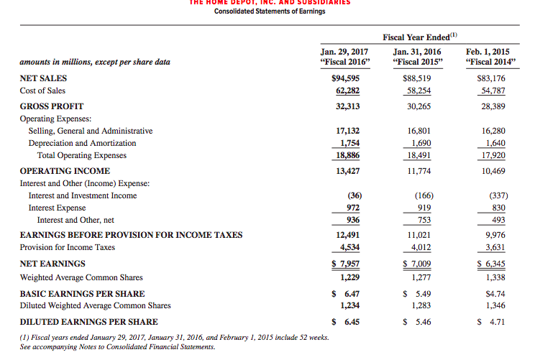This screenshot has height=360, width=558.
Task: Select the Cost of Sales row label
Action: pos(42,91)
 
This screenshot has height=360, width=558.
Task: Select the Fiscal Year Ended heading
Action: pos(420,37)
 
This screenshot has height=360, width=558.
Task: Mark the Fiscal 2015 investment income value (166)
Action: pos(423,195)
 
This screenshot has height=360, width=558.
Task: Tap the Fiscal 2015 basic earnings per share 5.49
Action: pos(421,293)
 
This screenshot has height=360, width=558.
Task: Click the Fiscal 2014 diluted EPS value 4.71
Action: pos(495,321)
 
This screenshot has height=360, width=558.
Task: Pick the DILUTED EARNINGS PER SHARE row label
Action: pos(88,321)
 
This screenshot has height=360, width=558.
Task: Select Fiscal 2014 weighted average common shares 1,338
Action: pos(494,277)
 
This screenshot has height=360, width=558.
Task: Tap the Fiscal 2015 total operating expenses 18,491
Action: pos(419,155)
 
